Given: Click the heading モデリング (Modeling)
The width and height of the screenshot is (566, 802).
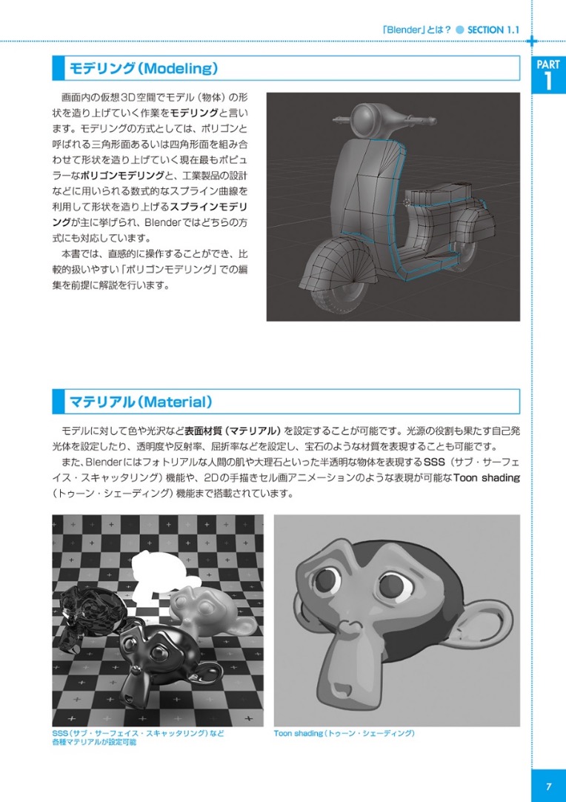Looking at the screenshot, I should click(143, 69).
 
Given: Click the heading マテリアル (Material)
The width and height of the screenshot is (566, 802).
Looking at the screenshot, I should click(140, 402).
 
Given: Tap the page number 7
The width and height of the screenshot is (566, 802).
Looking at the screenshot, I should click(548, 785).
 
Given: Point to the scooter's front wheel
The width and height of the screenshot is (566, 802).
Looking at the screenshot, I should click(342, 282).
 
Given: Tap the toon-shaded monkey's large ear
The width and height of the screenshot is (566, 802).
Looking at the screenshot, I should click(482, 608).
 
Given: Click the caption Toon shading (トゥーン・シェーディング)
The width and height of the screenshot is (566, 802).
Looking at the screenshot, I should click(344, 733).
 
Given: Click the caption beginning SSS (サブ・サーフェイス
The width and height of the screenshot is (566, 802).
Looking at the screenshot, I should click(137, 733).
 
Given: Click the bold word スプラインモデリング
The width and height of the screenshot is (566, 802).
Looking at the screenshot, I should click(209, 205).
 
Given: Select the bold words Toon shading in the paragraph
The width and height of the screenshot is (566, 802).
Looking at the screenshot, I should click(486, 477).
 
